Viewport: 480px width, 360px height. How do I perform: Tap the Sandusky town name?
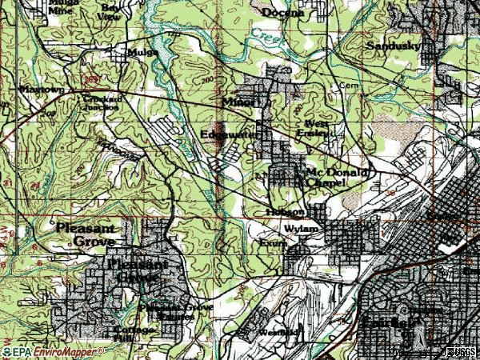(x=393, y=46)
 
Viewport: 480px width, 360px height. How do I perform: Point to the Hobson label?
(x=284, y=212)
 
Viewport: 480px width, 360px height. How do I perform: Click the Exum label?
(x=270, y=242)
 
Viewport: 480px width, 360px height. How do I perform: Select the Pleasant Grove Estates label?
(x=166, y=310)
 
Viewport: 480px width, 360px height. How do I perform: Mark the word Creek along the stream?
(x=270, y=38)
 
